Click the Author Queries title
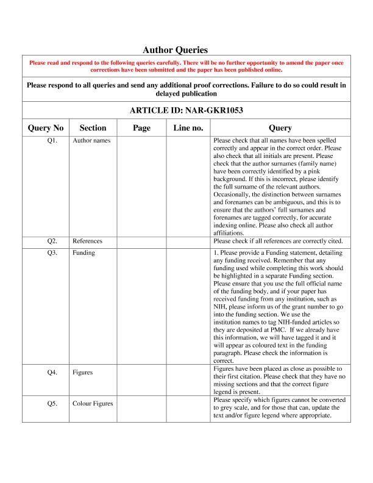(176, 50)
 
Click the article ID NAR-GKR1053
(187, 110)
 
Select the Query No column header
(46, 128)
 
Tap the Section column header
(93, 128)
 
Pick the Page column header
(141, 128)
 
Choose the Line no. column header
(188, 128)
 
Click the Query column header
(280, 128)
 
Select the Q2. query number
(52, 241)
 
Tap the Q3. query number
(52, 252)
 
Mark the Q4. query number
(52, 373)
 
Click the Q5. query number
(52, 404)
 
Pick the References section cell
(87, 241)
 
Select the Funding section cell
(83, 252)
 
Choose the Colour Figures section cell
(93, 404)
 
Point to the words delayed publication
(186, 95)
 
